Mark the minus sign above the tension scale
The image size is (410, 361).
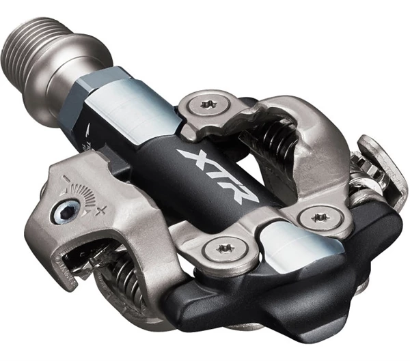[66, 179]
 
